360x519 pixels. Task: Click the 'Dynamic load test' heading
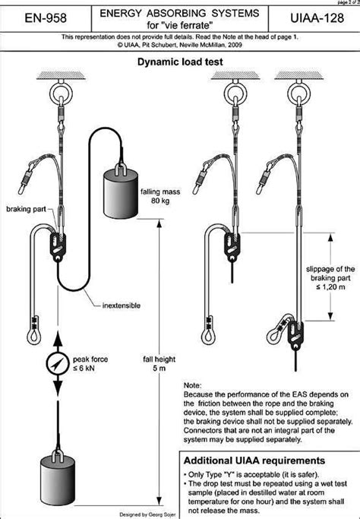[x=179, y=65]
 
